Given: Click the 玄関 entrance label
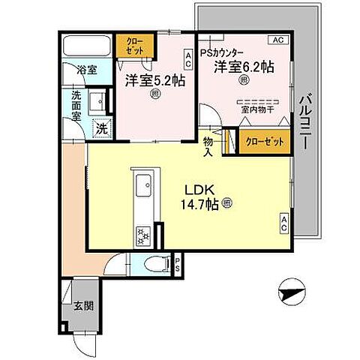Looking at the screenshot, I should click(x=83, y=305).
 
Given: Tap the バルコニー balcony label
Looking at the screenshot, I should click(x=305, y=124).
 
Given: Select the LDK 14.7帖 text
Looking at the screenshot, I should click(x=196, y=196).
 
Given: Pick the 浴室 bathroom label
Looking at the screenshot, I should click(x=85, y=70).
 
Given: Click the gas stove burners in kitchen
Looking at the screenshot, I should click(x=143, y=237).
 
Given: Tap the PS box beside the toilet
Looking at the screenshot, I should click(x=178, y=263).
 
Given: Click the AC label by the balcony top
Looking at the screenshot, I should click(x=277, y=39).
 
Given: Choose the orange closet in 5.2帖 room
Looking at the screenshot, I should click(x=134, y=45).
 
